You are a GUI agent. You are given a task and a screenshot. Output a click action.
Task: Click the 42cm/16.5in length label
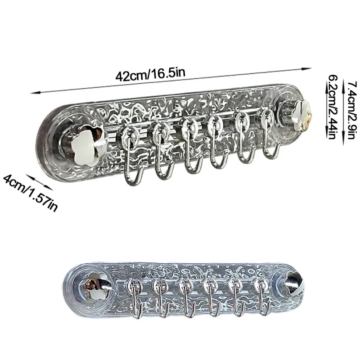150,74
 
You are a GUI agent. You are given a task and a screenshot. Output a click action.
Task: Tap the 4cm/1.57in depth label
30,193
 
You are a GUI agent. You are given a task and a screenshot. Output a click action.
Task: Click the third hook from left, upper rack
193,147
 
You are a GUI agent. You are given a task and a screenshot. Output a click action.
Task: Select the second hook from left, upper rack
162,152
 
